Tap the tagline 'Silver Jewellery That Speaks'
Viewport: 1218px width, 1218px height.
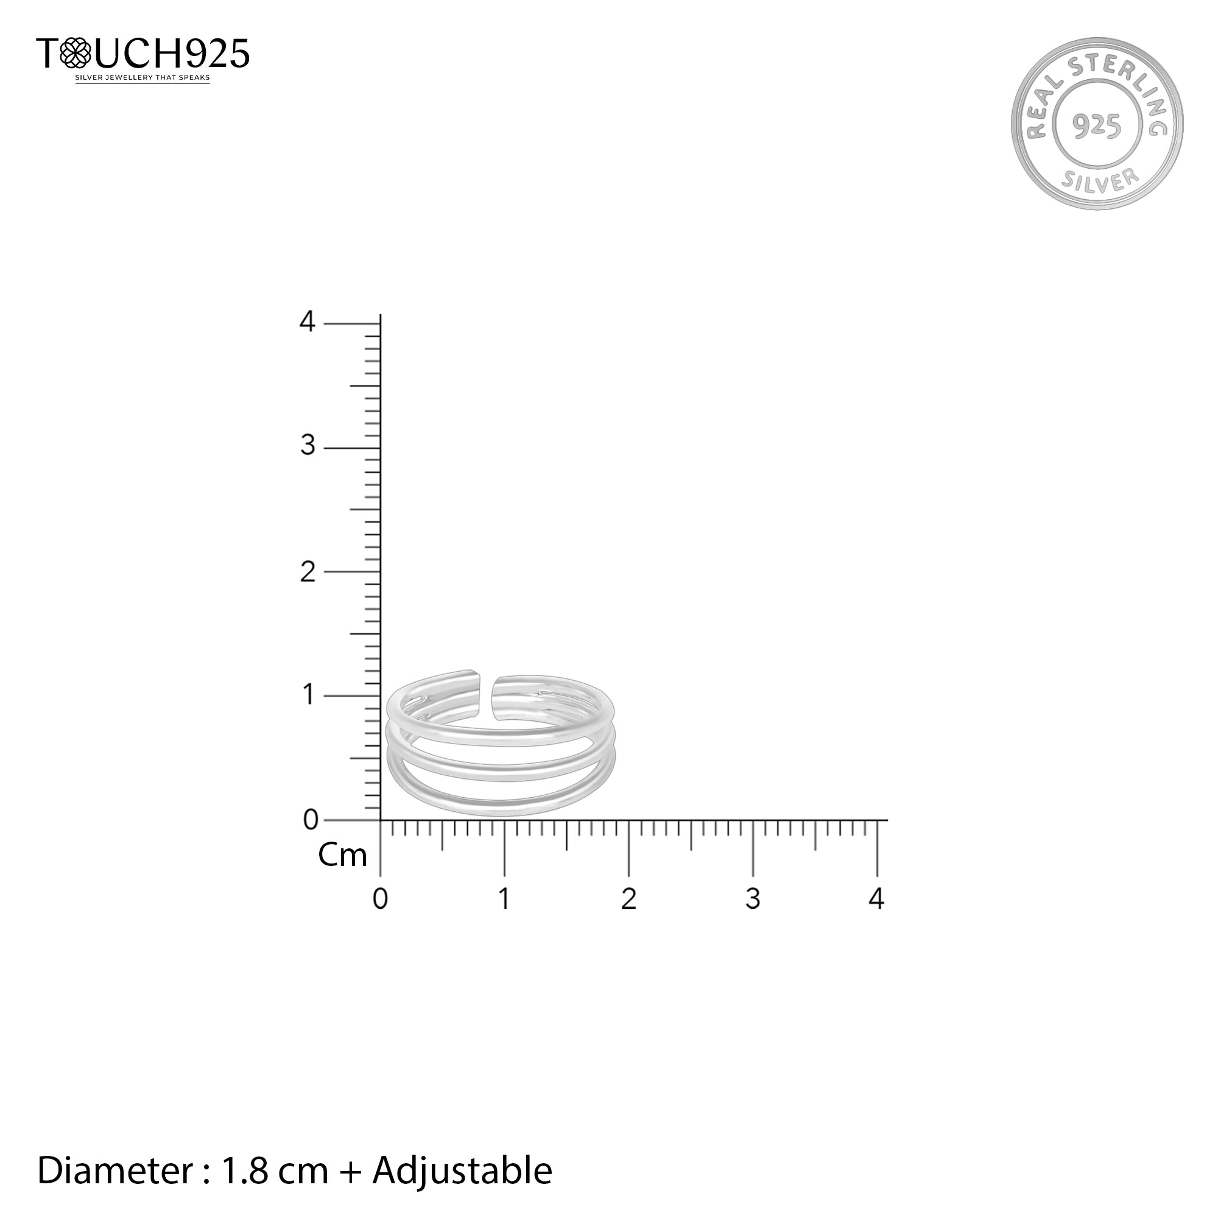(143, 78)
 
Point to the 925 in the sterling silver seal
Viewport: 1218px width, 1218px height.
(1097, 126)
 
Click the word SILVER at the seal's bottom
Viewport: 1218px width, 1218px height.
(1099, 179)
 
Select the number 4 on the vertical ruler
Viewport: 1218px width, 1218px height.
(307, 322)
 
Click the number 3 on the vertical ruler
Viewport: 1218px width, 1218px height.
(308, 446)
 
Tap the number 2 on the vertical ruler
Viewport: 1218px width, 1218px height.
(308, 572)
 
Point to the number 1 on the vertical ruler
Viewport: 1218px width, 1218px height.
(308, 695)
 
